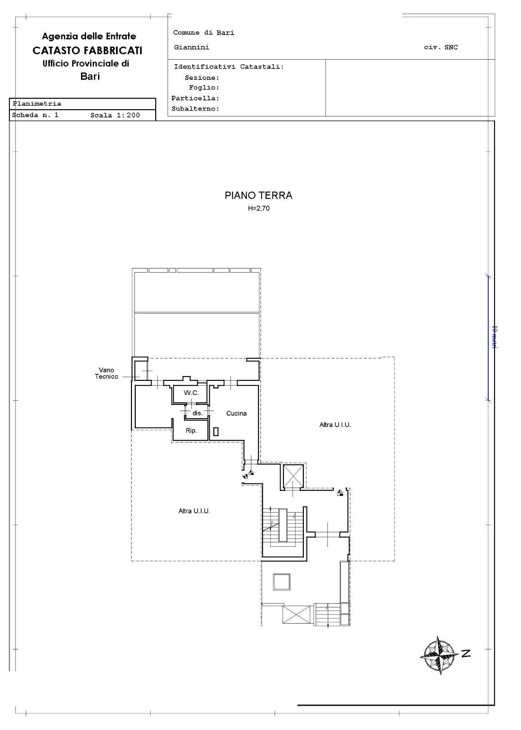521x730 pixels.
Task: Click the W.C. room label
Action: pos(191,393)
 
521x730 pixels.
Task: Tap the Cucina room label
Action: pos(237,413)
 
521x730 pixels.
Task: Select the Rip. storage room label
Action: pos(191,430)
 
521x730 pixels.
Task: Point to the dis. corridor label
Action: pos(197,413)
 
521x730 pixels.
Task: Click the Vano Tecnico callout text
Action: pos(106,373)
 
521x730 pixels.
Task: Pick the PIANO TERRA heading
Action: pos(259,195)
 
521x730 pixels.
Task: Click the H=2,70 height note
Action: pos(259,208)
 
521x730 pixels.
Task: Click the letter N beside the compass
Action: pos(466,654)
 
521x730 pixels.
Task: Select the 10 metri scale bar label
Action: pos(494,337)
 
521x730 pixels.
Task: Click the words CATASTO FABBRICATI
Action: pos(87,50)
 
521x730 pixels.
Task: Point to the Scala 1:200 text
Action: pos(115,115)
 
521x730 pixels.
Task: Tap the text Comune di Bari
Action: pos(204,33)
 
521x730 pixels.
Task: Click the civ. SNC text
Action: pos(441,48)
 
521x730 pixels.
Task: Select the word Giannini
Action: pos(192,48)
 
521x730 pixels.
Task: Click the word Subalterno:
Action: pos(195,109)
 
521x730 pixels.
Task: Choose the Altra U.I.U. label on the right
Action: pos(335,425)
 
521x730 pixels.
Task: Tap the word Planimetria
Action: pos(37,104)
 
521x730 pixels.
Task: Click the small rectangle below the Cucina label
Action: pos(216,432)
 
